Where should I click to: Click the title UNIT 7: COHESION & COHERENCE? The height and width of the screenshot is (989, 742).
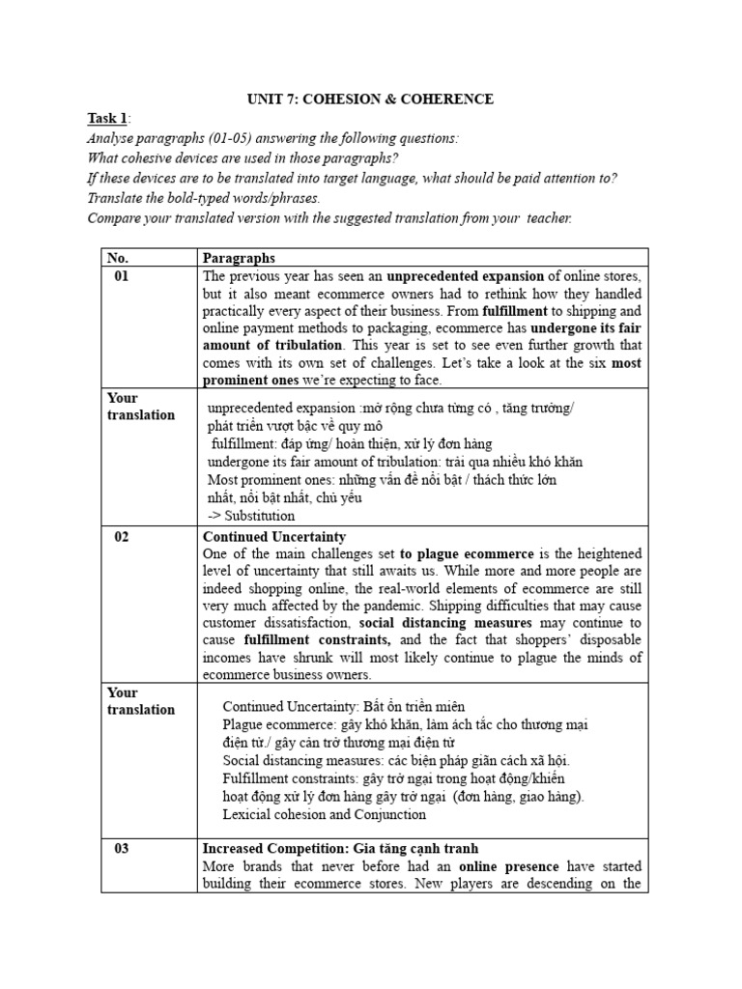370,99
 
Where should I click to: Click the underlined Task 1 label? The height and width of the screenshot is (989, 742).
106,119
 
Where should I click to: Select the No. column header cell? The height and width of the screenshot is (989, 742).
117,258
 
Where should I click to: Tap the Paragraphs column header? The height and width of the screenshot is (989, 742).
239,258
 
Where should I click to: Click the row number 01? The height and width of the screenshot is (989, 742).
122,277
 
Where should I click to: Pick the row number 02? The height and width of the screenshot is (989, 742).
122,536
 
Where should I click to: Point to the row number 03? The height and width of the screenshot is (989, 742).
122,848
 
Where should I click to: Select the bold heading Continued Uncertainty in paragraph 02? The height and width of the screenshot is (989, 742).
274,536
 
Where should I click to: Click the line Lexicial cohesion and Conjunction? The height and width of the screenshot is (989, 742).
324,814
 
